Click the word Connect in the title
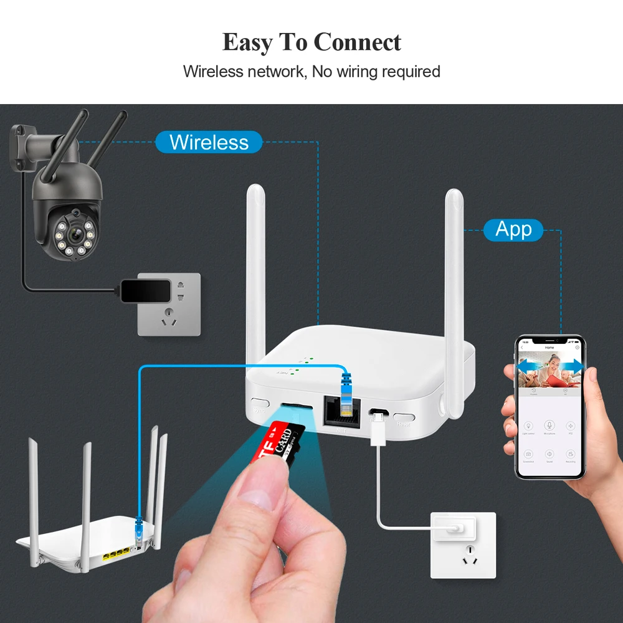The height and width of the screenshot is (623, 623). point(357,42)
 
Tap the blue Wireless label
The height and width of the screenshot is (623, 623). point(208,142)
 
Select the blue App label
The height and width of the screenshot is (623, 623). point(513,230)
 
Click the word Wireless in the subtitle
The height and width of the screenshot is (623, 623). point(212,72)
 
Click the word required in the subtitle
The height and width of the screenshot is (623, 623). point(411,72)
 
